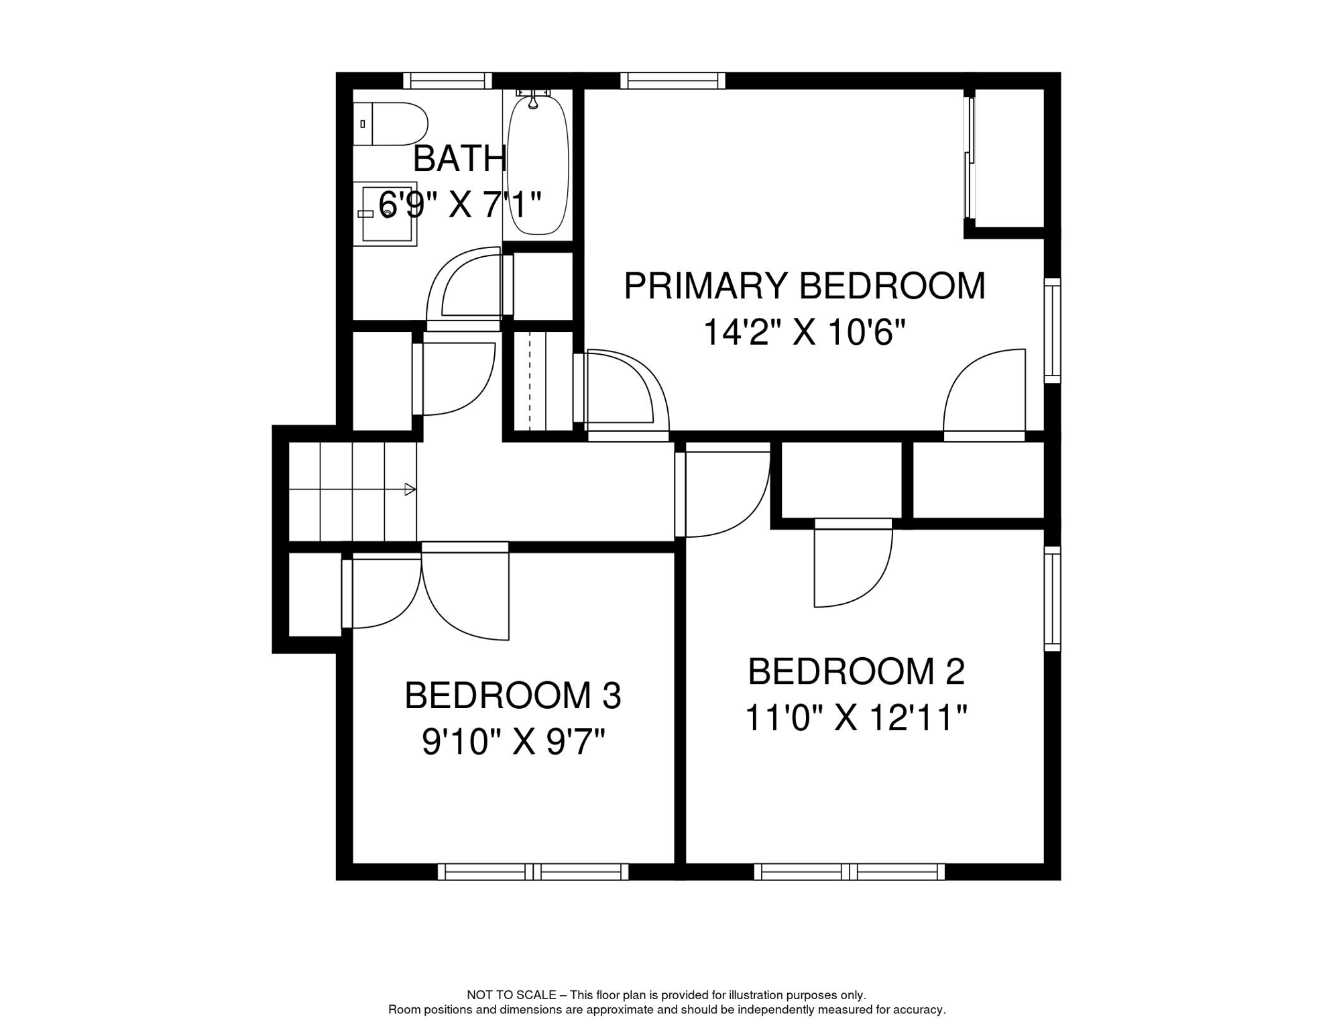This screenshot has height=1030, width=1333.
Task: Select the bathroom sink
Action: (x=386, y=213)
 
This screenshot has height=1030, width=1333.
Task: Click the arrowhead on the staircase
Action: (x=410, y=490)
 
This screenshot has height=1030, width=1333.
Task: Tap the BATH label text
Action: (x=459, y=159)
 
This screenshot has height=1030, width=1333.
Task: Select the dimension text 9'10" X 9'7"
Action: (x=513, y=742)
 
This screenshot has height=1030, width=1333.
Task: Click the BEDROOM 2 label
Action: (x=856, y=672)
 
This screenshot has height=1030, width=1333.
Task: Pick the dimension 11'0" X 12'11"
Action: (x=856, y=718)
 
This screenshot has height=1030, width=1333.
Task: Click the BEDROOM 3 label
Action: (x=513, y=696)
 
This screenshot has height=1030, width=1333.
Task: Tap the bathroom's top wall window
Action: (x=447, y=81)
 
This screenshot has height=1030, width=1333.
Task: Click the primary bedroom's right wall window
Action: (x=1052, y=331)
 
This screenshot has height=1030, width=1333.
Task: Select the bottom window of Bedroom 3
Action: (x=533, y=872)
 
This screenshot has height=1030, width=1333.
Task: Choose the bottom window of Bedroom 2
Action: (x=849, y=872)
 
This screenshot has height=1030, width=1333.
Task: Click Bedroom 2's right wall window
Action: (x=1052, y=598)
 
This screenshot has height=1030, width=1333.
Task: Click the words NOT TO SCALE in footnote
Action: (x=512, y=995)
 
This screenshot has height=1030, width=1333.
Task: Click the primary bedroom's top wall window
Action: (x=673, y=81)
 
